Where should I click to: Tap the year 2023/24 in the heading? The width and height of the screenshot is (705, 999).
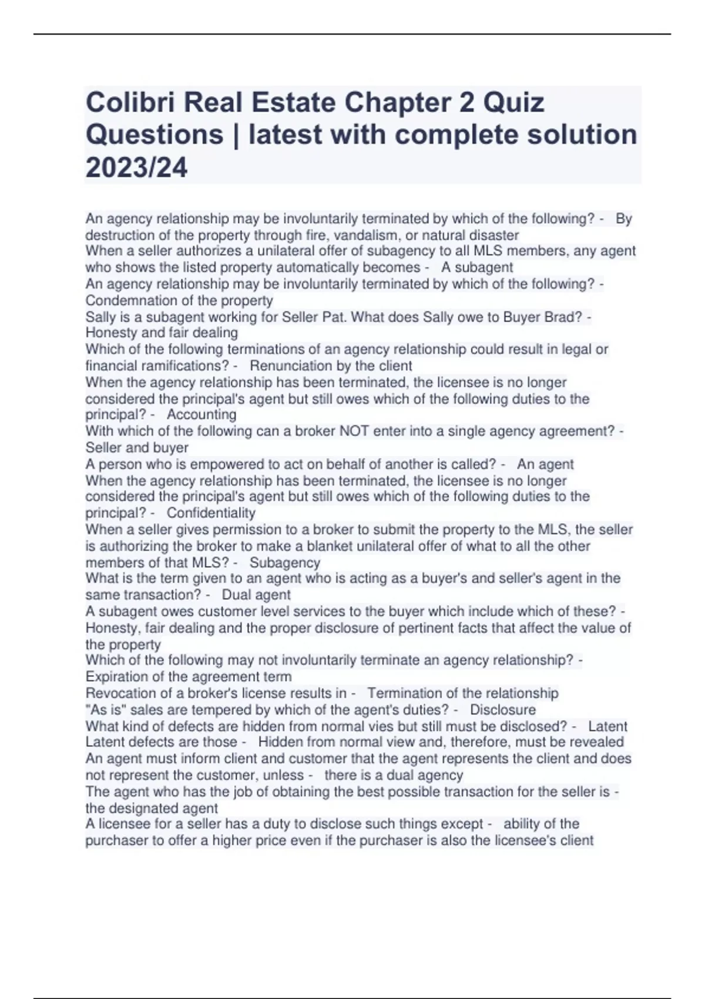[136, 168]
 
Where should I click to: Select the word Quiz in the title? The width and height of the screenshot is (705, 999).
[513, 103]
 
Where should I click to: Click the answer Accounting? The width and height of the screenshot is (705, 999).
[202, 414]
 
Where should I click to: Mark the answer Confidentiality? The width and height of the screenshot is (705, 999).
[211, 512]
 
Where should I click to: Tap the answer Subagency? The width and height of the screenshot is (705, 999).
[285, 562]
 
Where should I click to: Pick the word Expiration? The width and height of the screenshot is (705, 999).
[118, 676]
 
